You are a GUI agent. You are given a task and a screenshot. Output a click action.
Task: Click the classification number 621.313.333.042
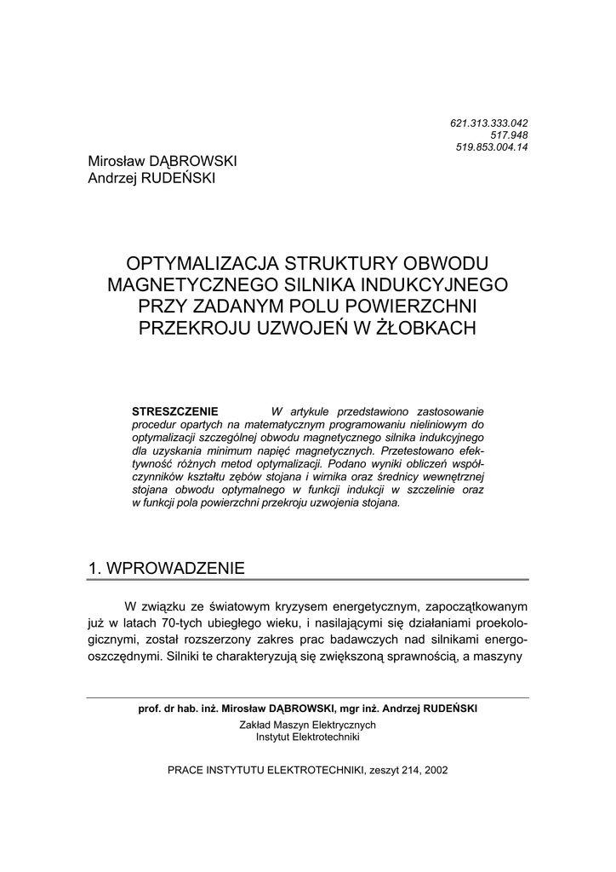coord(488,123)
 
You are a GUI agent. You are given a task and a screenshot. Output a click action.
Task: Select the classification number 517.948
coord(509,135)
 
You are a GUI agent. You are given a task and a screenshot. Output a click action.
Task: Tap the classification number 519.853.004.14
coord(492,147)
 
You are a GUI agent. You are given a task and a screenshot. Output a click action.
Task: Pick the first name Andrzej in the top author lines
coord(114,178)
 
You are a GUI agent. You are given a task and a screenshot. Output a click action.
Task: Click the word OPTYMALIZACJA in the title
coord(197,263)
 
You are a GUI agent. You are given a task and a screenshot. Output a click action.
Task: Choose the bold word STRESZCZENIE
coord(176,410)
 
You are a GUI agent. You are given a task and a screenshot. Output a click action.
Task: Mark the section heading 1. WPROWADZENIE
coord(167,568)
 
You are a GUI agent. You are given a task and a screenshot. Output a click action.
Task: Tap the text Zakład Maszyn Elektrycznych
coord(307,725)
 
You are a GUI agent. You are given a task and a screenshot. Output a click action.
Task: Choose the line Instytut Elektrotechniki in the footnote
coord(307,737)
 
